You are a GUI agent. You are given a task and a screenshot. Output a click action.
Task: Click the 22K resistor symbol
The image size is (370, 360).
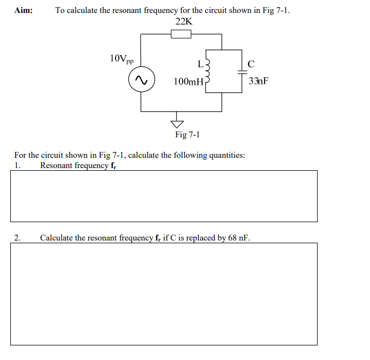181,35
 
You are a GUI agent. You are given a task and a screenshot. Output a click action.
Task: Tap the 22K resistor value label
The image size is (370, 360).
184,22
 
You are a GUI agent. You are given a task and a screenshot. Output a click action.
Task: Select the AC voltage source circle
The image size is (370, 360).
142,81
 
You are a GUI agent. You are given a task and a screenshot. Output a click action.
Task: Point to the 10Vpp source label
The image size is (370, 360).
122,58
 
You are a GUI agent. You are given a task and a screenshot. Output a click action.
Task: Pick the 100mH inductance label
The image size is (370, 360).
188,82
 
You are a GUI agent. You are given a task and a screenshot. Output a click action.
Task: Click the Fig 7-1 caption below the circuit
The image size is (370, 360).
187,135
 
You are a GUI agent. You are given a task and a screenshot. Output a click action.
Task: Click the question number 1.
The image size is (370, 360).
18,165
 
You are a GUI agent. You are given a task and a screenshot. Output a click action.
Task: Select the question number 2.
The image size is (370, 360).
18,237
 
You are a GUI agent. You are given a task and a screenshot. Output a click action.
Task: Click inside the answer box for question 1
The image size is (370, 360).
164,196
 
